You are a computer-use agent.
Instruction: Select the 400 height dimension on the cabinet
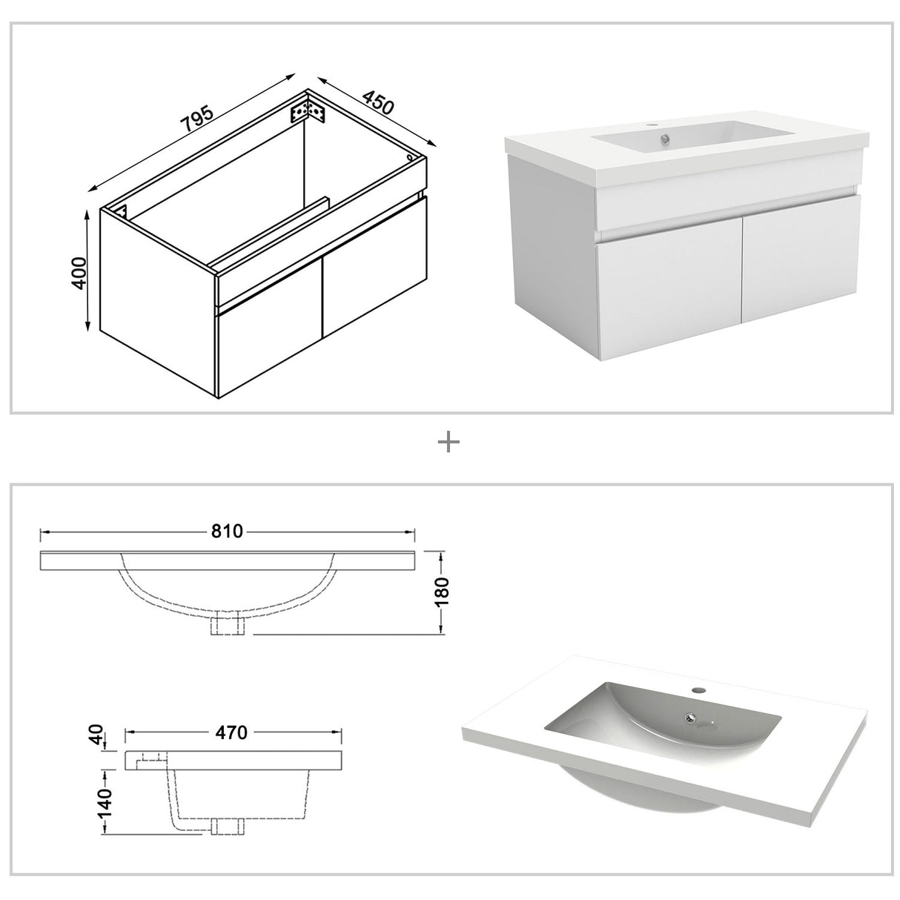coord(81,273)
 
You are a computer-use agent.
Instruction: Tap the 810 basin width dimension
coord(228,532)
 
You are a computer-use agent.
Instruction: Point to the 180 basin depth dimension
coord(443,592)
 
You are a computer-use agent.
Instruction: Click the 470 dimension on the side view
coord(231,732)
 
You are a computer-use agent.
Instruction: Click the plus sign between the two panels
coord(449,443)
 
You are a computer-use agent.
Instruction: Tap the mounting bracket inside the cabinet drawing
coord(309,111)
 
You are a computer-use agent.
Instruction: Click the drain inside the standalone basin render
coord(691,717)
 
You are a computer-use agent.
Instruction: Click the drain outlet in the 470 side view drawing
coord(227,827)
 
